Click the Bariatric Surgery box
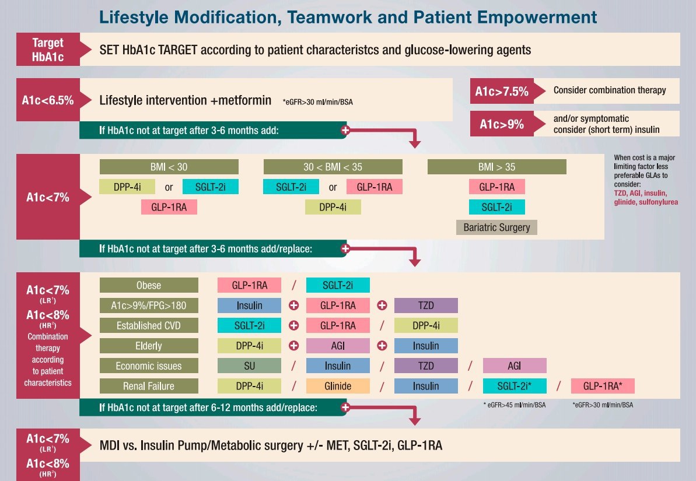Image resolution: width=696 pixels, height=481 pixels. [496, 227]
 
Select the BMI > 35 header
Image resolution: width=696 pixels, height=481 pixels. [496, 167]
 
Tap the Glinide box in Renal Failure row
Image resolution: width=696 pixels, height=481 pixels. [338, 386]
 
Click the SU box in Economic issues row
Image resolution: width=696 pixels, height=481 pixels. [249, 366]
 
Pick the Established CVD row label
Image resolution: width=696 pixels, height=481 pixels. [149, 325]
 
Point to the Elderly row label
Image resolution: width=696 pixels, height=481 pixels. [149, 346]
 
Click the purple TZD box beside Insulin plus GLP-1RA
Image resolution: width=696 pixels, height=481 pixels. [426, 306]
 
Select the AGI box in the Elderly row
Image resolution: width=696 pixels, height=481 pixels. [338, 346]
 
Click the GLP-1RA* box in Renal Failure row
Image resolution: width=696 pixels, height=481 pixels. [602, 386]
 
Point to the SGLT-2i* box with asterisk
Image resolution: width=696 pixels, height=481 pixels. [515, 386]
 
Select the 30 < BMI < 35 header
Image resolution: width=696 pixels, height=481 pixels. [333, 167]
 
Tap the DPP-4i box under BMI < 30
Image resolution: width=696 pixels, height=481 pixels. [127, 187]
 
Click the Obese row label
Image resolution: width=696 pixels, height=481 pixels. [149, 285]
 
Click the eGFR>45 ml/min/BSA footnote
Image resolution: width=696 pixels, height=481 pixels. [515, 405]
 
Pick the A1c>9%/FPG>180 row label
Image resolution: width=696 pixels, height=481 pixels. [149, 306]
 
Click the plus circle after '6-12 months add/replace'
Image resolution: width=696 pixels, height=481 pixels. [345, 407]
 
